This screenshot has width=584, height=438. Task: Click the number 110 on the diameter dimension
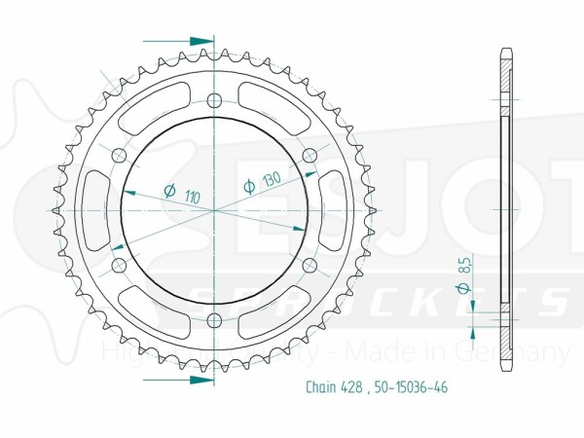[x=192, y=197]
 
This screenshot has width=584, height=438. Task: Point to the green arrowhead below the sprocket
[x=201, y=379]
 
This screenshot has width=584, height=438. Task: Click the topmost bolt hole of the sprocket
[x=214, y=98]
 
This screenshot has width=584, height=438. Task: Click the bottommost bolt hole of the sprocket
[x=214, y=320]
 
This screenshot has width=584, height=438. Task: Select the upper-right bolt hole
[x=310, y=154]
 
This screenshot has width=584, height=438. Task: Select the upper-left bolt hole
[x=119, y=154]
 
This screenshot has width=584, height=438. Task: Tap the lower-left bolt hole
[x=119, y=265]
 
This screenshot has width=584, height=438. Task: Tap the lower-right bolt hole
[x=310, y=265]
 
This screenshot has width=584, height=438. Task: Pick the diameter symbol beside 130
[x=248, y=186]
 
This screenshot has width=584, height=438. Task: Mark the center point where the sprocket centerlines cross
[x=214, y=209]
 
